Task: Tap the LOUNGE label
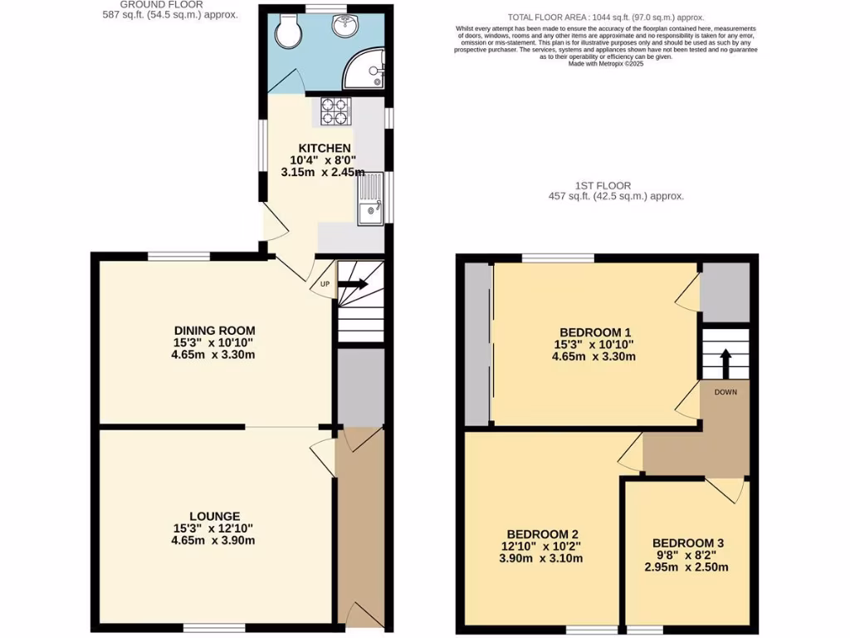[214, 516]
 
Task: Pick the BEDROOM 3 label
[688, 542]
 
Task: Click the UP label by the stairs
[325, 284]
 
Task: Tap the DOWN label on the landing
[725, 391]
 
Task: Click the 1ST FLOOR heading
[602, 186]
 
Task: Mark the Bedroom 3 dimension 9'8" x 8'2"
[688, 555]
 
